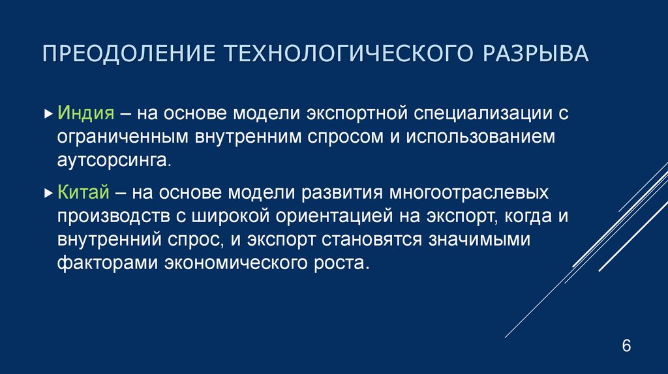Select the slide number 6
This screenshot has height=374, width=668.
pos(626,346)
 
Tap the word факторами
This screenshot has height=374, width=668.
pos(97,265)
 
